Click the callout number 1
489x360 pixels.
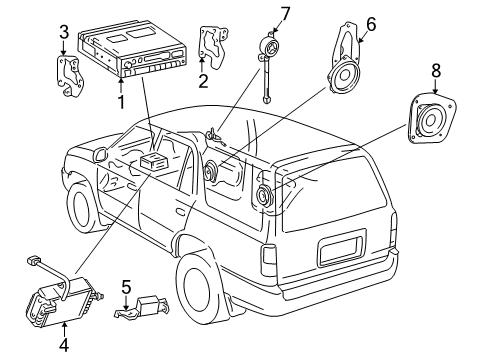pos(121,102)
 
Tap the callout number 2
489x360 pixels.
pos(203,81)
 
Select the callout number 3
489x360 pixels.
pos(64,32)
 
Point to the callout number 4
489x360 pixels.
pos(64,344)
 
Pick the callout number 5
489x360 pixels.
pos(126,287)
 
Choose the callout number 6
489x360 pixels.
pos(371,24)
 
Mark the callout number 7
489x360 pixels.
pos(285,14)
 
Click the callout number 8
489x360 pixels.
pos(436,71)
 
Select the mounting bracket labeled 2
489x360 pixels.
pos(214,48)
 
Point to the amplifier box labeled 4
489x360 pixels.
pos(63,300)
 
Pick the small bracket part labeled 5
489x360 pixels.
pos(142,307)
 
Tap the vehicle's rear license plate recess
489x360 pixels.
pos(342,247)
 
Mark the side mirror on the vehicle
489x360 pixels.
pos(100,154)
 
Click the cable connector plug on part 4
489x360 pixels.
pos(33,260)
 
